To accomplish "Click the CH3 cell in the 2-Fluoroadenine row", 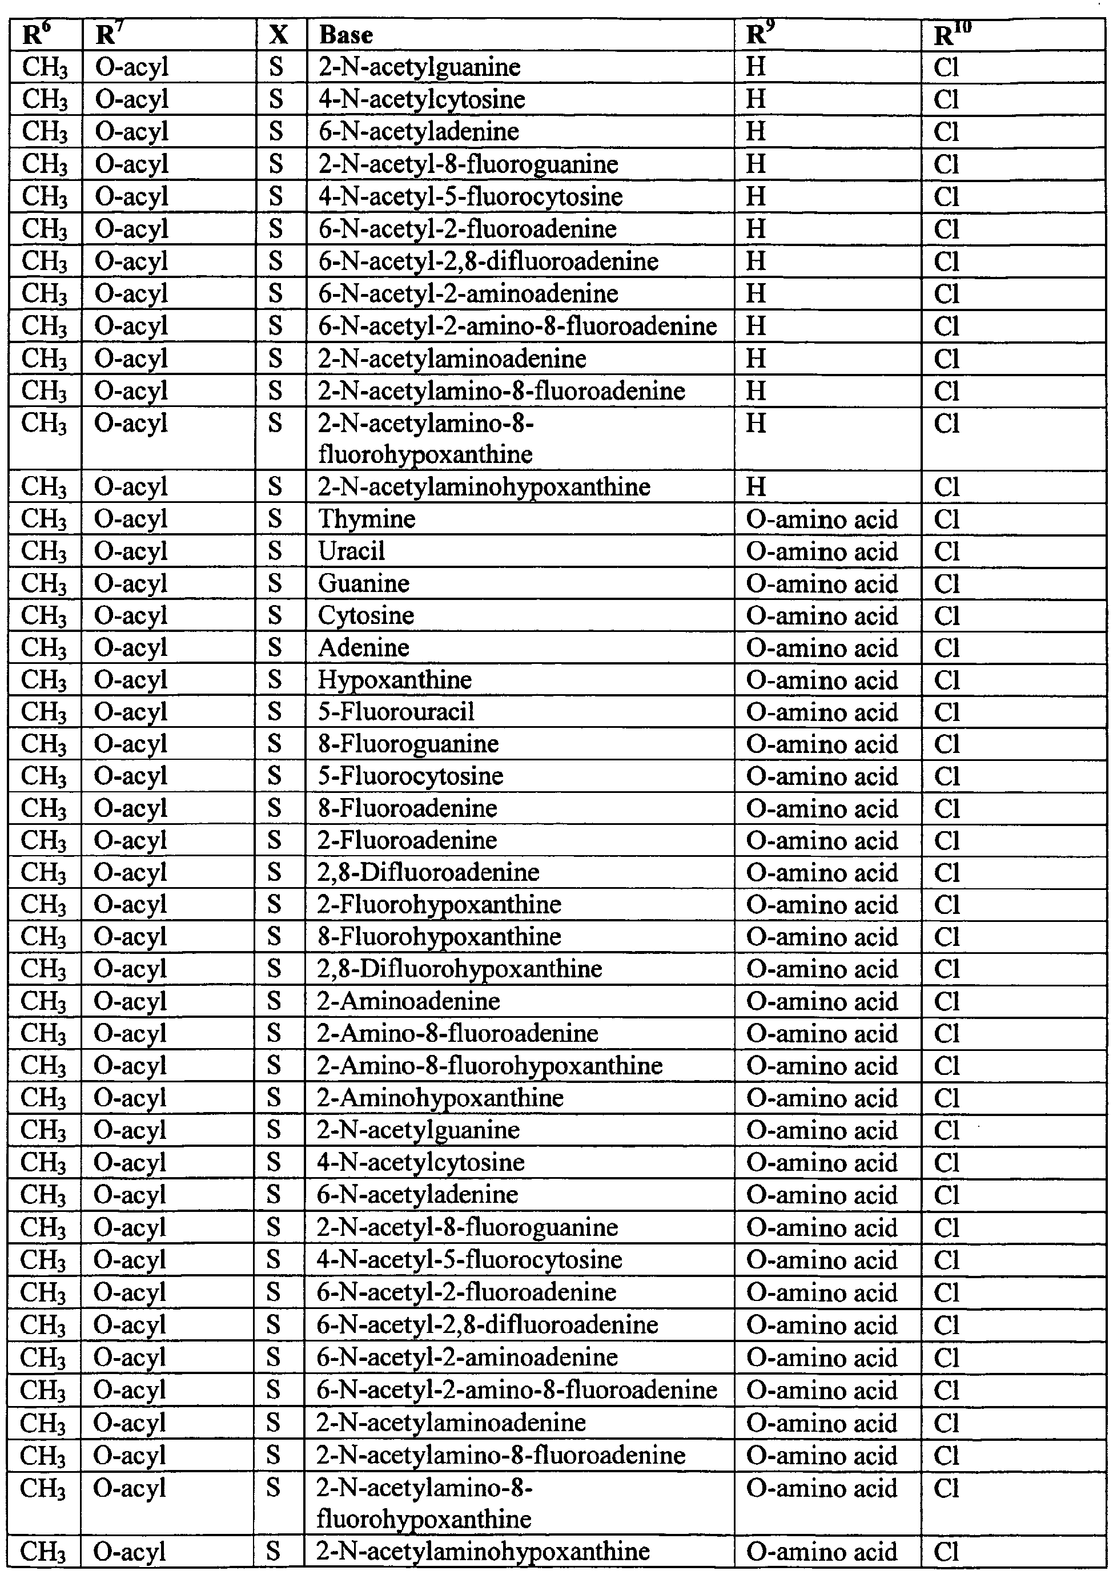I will [44, 841].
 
